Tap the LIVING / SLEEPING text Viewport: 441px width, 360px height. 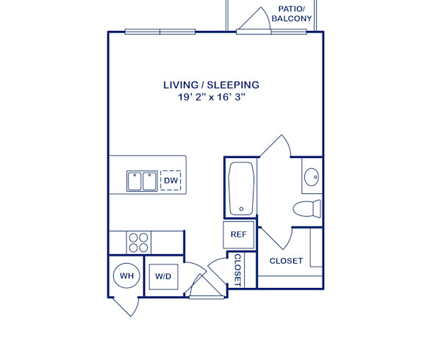click(x=211, y=85)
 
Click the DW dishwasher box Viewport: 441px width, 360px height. click(x=171, y=181)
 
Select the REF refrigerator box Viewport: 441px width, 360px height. click(x=238, y=235)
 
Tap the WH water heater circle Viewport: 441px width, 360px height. click(x=126, y=276)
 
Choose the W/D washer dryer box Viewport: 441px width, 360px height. click(x=162, y=277)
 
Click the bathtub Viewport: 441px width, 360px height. click(x=241, y=189)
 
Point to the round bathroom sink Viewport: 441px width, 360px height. click(x=312, y=177)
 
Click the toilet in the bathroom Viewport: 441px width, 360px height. click(x=308, y=207)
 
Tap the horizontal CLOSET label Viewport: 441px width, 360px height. click(x=286, y=261)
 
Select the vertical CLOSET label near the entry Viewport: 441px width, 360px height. click(x=238, y=270)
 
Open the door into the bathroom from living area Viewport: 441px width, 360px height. click(x=275, y=147)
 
